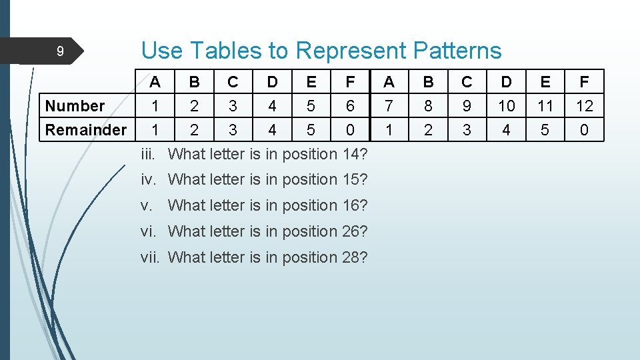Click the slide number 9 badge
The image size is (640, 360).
(59, 51)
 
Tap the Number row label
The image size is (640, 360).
(75, 106)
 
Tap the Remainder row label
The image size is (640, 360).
(86, 130)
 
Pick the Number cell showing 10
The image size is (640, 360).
(506, 106)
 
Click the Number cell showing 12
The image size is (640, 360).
(584, 106)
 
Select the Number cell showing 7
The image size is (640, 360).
(389, 106)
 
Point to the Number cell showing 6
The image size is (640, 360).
(350, 106)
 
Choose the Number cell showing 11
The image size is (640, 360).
(545, 106)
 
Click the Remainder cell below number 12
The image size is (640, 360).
(584, 130)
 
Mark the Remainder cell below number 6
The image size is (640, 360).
(350, 130)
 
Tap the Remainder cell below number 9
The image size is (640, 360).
(467, 130)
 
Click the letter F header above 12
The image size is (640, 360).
(584, 82)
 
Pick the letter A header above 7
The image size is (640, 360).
(389, 82)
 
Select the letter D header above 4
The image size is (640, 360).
(272, 82)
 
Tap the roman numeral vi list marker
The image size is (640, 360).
(149, 231)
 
